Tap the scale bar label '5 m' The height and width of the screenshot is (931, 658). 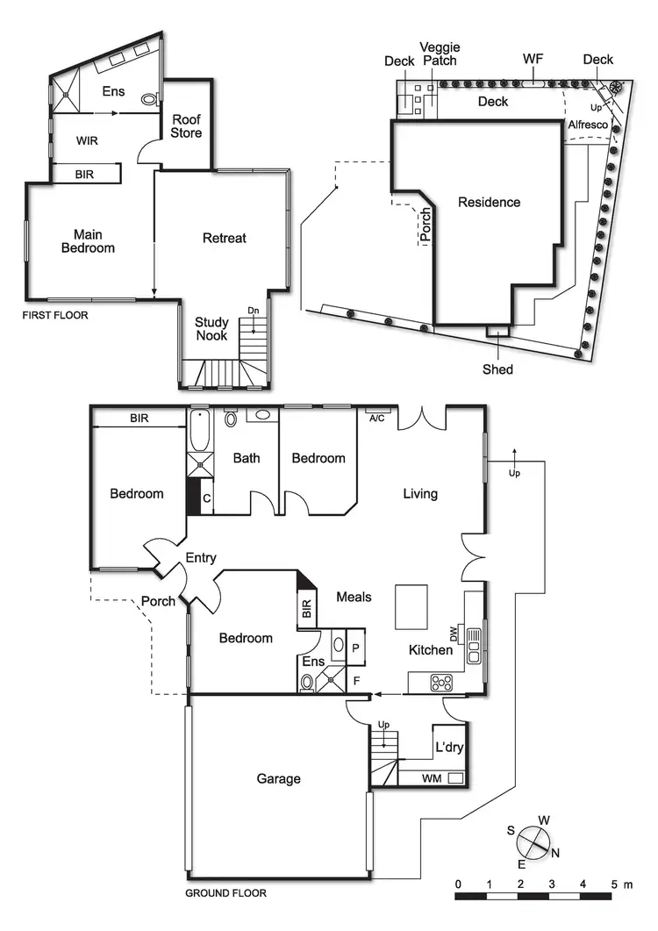(x=619, y=884)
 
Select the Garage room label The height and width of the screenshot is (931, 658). (x=278, y=778)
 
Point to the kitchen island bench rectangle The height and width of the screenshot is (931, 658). (x=411, y=606)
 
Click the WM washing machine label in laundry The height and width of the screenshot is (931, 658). (x=431, y=778)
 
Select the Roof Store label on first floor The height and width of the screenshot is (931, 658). (x=186, y=126)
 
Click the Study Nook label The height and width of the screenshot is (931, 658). (x=211, y=329)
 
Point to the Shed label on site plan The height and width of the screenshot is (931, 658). (x=497, y=369)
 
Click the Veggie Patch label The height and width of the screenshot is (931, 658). (x=440, y=54)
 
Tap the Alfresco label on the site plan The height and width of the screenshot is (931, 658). (x=586, y=125)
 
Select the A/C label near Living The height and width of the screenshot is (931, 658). (x=377, y=418)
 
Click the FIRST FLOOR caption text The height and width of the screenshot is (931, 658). (x=55, y=314)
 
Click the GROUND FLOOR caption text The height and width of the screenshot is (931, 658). (x=225, y=893)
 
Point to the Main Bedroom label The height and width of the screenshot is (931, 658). (x=88, y=241)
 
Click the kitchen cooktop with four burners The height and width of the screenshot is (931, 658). (x=439, y=682)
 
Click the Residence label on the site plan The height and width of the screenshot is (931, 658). (x=489, y=202)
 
